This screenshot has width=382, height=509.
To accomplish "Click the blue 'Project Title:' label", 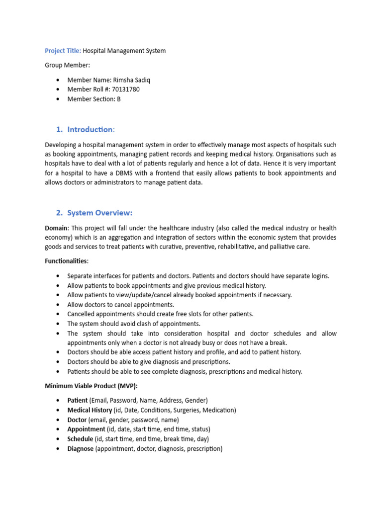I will (x=63, y=51).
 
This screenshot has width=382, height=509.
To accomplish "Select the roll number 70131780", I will (x=126, y=89).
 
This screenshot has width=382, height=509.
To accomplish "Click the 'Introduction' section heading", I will (x=90, y=130).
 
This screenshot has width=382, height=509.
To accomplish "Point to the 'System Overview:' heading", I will (x=99, y=213).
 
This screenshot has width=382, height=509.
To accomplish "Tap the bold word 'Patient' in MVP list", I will (x=78, y=400).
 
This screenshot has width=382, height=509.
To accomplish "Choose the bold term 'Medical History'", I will (x=90, y=410).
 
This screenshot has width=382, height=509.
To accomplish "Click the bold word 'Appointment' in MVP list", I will (x=87, y=429).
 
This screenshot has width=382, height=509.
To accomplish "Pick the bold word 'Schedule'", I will (x=81, y=439).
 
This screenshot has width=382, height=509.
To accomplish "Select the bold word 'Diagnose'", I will (x=81, y=448).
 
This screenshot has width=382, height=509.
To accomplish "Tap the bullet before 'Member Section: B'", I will (x=59, y=99).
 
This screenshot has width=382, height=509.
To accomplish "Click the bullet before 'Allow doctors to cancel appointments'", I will (x=59, y=305).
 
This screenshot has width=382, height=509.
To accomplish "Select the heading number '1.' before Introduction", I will (x=59, y=130).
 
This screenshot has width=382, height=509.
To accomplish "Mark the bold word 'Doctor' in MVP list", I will (x=77, y=420).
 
